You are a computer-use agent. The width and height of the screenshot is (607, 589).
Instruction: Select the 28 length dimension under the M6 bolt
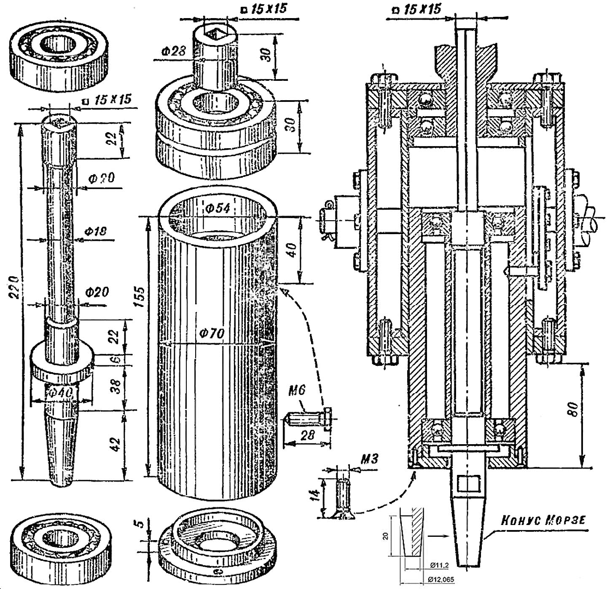pos(308,435)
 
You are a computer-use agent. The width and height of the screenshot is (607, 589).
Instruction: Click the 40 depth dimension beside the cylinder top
pos(295,250)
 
